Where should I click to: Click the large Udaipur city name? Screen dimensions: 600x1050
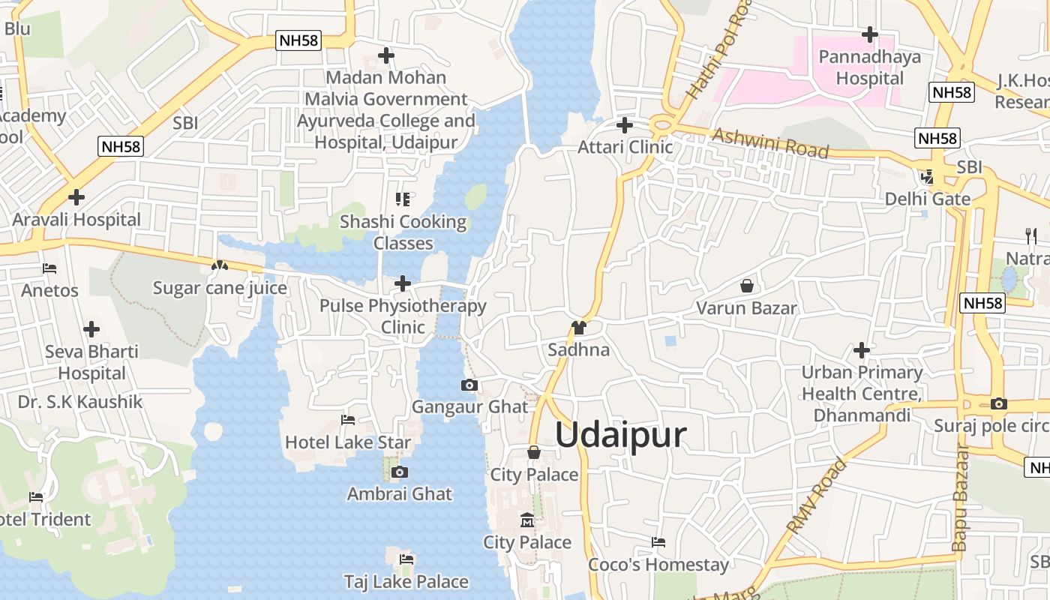(x=621, y=435)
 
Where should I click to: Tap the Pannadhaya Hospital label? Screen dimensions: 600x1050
(x=870, y=67)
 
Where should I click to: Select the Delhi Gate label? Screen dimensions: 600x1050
(x=928, y=199)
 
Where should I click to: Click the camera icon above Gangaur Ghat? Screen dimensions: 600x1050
(x=469, y=385)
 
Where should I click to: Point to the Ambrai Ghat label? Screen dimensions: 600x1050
(x=400, y=493)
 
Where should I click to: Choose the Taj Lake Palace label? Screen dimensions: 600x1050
(x=406, y=581)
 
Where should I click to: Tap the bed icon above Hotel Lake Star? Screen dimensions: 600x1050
(x=348, y=420)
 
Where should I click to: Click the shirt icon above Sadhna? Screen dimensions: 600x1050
(x=578, y=328)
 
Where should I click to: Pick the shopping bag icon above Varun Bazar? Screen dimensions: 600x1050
(x=747, y=286)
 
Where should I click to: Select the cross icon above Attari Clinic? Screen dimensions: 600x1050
(x=625, y=125)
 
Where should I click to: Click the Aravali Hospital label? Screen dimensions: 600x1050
(x=76, y=220)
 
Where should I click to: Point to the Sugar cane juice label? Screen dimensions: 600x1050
(x=220, y=288)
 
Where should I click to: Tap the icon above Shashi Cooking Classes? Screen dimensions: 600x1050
(x=403, y=199)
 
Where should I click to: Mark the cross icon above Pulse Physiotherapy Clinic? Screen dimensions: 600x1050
(x=403, y=283)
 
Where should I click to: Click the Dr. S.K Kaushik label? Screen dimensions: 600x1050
(x=80, y=401)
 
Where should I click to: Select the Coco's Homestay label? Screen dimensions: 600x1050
(x=658, y=564)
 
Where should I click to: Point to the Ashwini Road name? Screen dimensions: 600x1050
(x=770, y=142)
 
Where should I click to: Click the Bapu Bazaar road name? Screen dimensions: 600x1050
(x=961, y=499)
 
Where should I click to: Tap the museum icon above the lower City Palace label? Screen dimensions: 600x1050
(x=527, y=520)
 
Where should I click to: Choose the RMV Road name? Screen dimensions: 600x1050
(x=817, y=496)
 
